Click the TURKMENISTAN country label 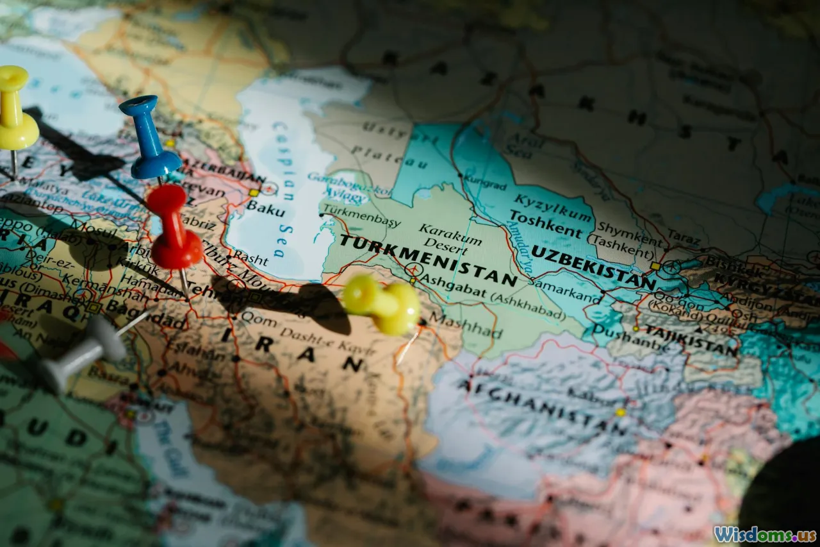point(428,259)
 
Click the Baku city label point(266,206)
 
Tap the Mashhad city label point(466,324)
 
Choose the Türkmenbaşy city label point(362,215)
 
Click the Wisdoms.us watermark point(765,534)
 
